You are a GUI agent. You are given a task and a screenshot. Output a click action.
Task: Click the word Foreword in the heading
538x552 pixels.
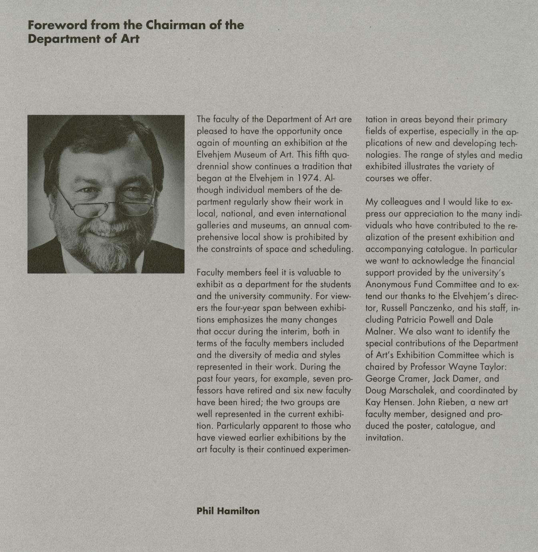click(x=57, y=25)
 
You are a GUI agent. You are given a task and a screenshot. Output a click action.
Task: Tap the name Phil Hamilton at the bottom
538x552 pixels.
click(x=228, y=511)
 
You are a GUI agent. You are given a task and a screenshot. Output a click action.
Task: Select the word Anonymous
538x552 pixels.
click(x=388, y=284)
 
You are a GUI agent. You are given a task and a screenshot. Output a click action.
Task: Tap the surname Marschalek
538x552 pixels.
click(x=408, y=390)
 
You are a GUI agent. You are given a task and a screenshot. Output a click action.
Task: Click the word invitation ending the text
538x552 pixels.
click(x=384, y=438)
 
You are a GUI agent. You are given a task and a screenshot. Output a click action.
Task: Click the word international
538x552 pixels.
click(x=321, y=214)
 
